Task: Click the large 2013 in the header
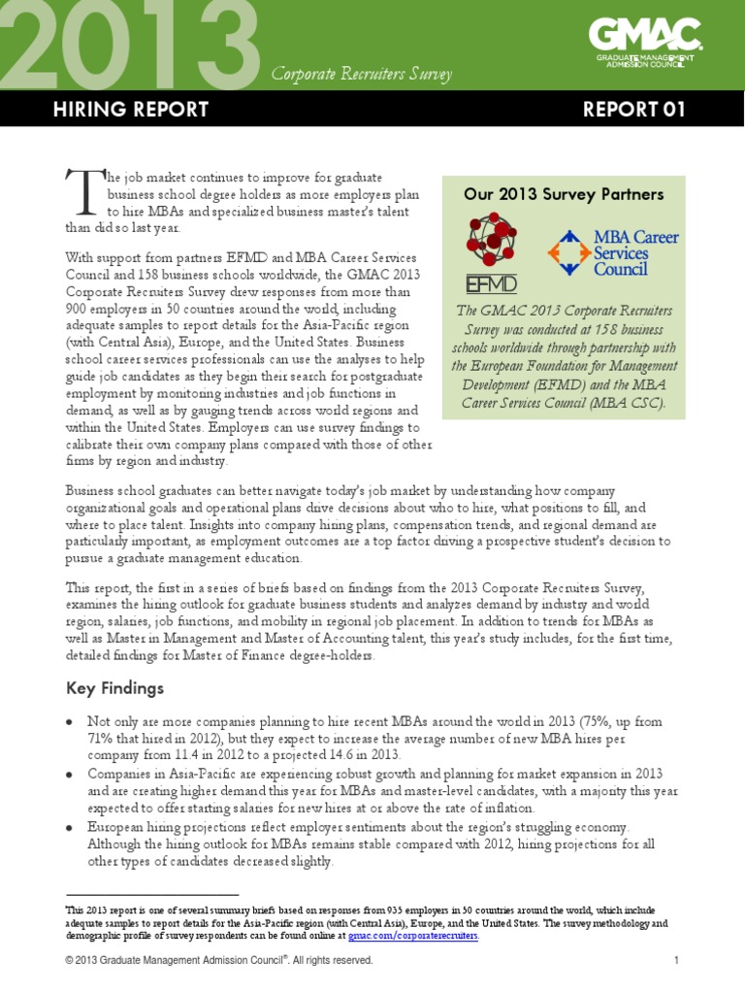(131, 44)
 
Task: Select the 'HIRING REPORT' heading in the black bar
(130, 110)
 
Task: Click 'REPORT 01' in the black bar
(634, 110)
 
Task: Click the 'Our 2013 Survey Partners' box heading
(564, 194)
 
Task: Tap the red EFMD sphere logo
(493, 245)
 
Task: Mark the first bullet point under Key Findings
(70, 723)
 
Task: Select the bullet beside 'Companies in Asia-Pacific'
(70, 775)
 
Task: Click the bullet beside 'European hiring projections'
(70, 828)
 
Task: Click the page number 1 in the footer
(675, 961)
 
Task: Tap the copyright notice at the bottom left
(218, 961)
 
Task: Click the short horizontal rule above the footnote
(151, 894)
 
